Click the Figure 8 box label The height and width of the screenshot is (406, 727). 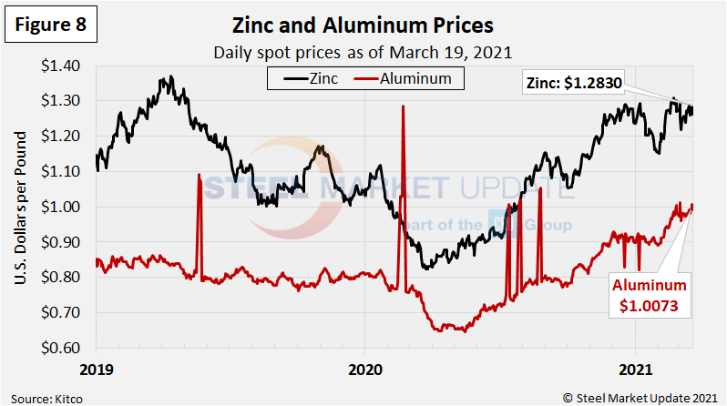tap(51, 25)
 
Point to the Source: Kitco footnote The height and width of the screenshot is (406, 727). tap(43, 397)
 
